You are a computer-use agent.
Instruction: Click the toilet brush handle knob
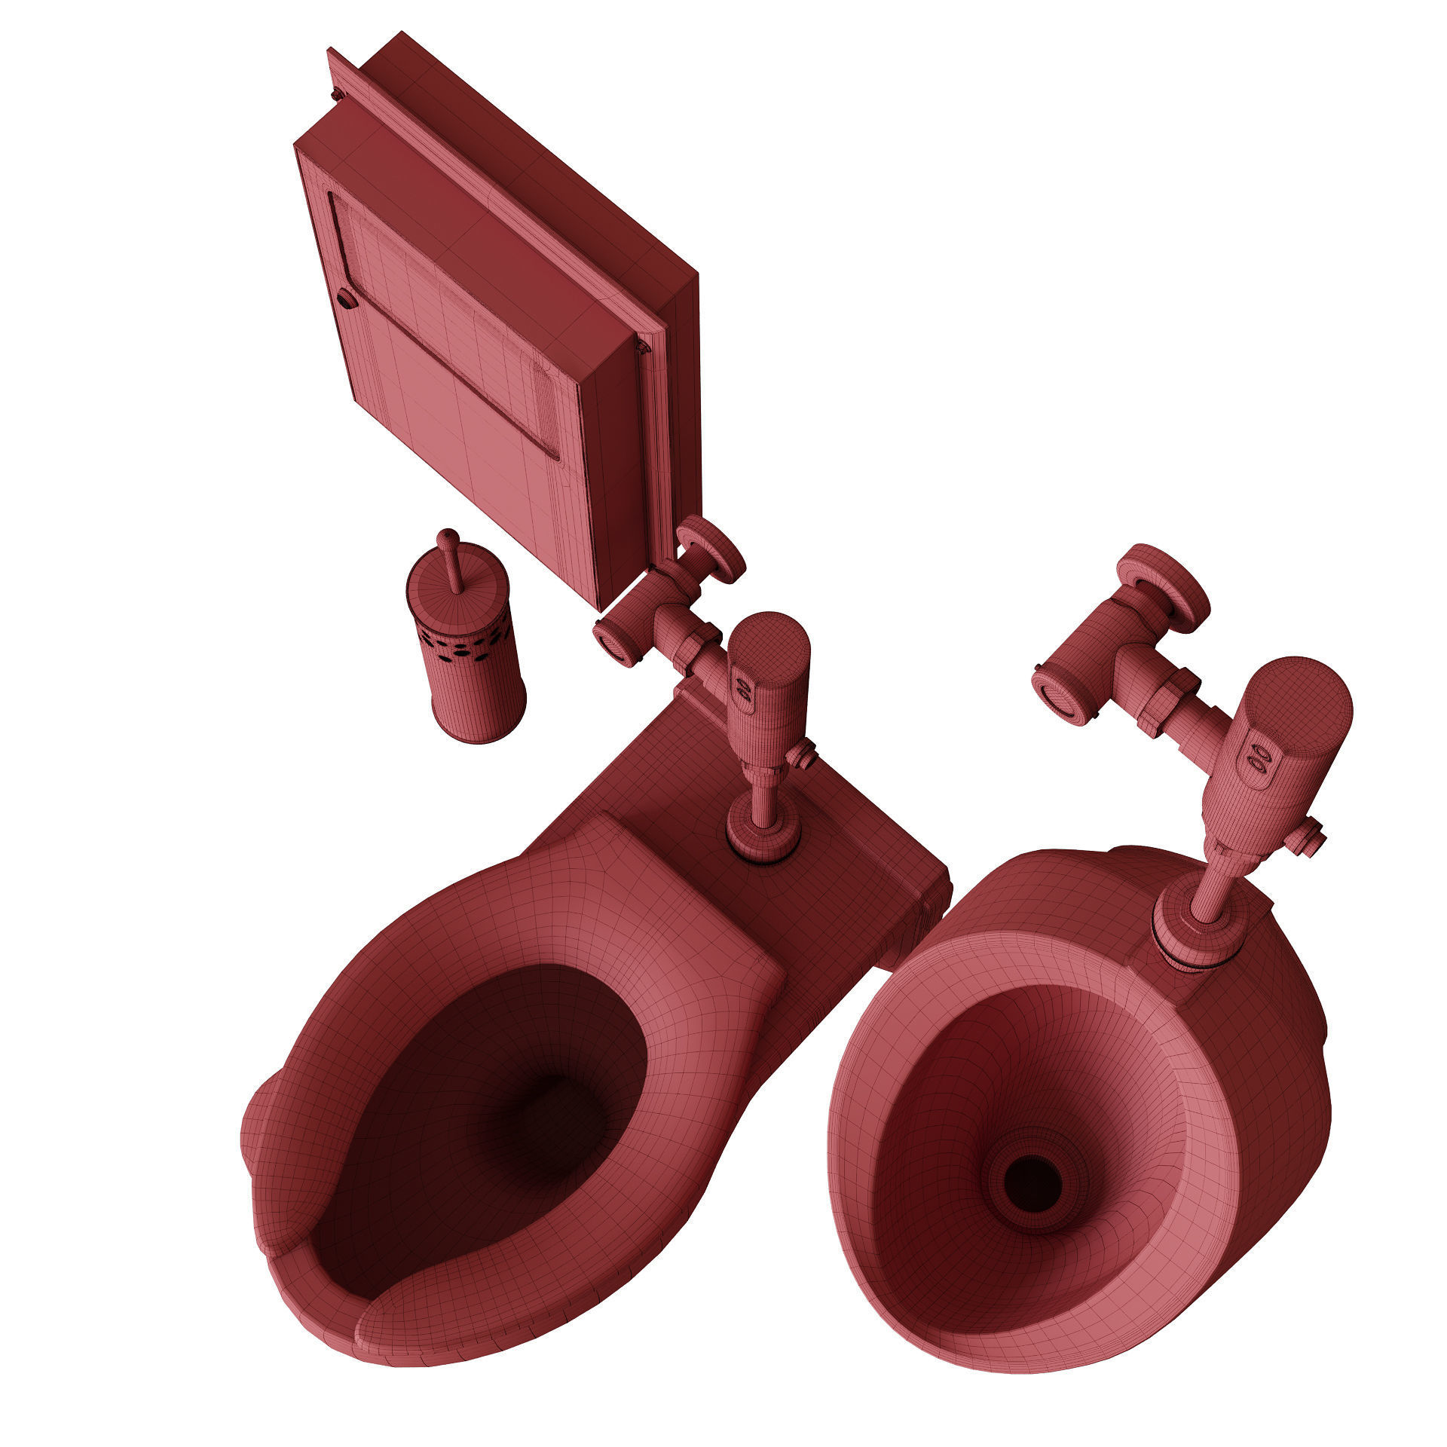448,537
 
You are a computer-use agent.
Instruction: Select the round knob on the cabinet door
347,299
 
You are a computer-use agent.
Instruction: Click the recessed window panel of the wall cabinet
445,324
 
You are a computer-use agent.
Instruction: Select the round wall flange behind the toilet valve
712,550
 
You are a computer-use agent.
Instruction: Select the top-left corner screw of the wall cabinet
337,94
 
